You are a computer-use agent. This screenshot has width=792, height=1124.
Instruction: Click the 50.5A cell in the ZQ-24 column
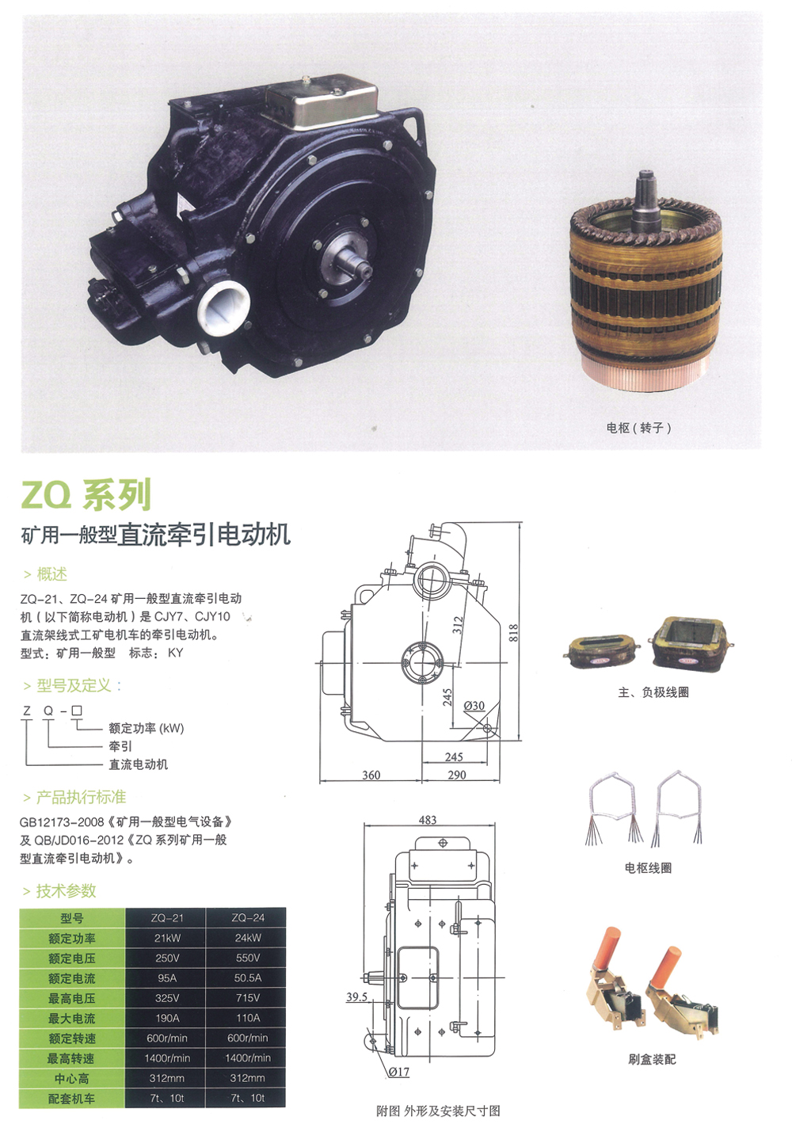click(x=248, y=977)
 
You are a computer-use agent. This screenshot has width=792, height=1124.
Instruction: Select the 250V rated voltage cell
click(x=167, y=958)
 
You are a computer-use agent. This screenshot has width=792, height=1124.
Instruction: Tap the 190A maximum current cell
click(x=167, y=1018)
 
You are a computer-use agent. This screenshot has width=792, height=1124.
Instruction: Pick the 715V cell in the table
click(x=248, y=997)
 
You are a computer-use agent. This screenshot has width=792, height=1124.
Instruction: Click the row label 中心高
click(x=72, y=1078)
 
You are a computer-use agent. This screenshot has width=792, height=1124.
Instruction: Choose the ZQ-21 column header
click(x=167, y=918)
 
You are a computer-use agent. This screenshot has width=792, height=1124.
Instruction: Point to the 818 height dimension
click(x=512, y=633)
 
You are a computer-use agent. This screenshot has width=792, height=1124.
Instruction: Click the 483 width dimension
click(x=428, y=819)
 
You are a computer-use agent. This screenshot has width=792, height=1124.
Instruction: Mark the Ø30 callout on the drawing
click(x=474, y=706)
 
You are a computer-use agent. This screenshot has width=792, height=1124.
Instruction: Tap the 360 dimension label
click(x=371, y=775)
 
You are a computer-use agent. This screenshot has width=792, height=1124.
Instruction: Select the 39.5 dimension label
click(x=356, y=996)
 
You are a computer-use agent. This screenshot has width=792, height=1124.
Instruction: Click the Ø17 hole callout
click(x=398, y=1072)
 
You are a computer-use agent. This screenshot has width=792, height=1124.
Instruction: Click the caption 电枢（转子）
click(x=638, y=428)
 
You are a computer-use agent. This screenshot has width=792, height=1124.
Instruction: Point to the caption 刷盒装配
click(x=652, y=1059)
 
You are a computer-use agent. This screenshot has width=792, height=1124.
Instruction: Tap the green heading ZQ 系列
click(x=86, y=495)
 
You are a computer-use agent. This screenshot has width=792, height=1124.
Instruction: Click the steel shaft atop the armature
click(x=645, y=200)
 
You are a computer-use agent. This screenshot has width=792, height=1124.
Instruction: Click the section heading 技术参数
click(x=66, y=890)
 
